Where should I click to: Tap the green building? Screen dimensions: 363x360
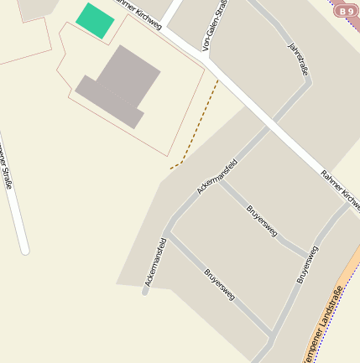(95, 20)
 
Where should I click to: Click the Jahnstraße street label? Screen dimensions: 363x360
(298, 59)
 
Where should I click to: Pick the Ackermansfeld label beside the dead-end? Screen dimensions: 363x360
(155, 262)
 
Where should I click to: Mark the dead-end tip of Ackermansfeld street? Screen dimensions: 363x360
(145, 292)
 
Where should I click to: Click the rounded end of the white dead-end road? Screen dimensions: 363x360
(24, 250)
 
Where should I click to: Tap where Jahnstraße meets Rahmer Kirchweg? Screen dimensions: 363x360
(270, 127)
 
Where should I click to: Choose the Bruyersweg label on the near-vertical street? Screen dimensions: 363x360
(307, 264)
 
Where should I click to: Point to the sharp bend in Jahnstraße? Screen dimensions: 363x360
(307, 81)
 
